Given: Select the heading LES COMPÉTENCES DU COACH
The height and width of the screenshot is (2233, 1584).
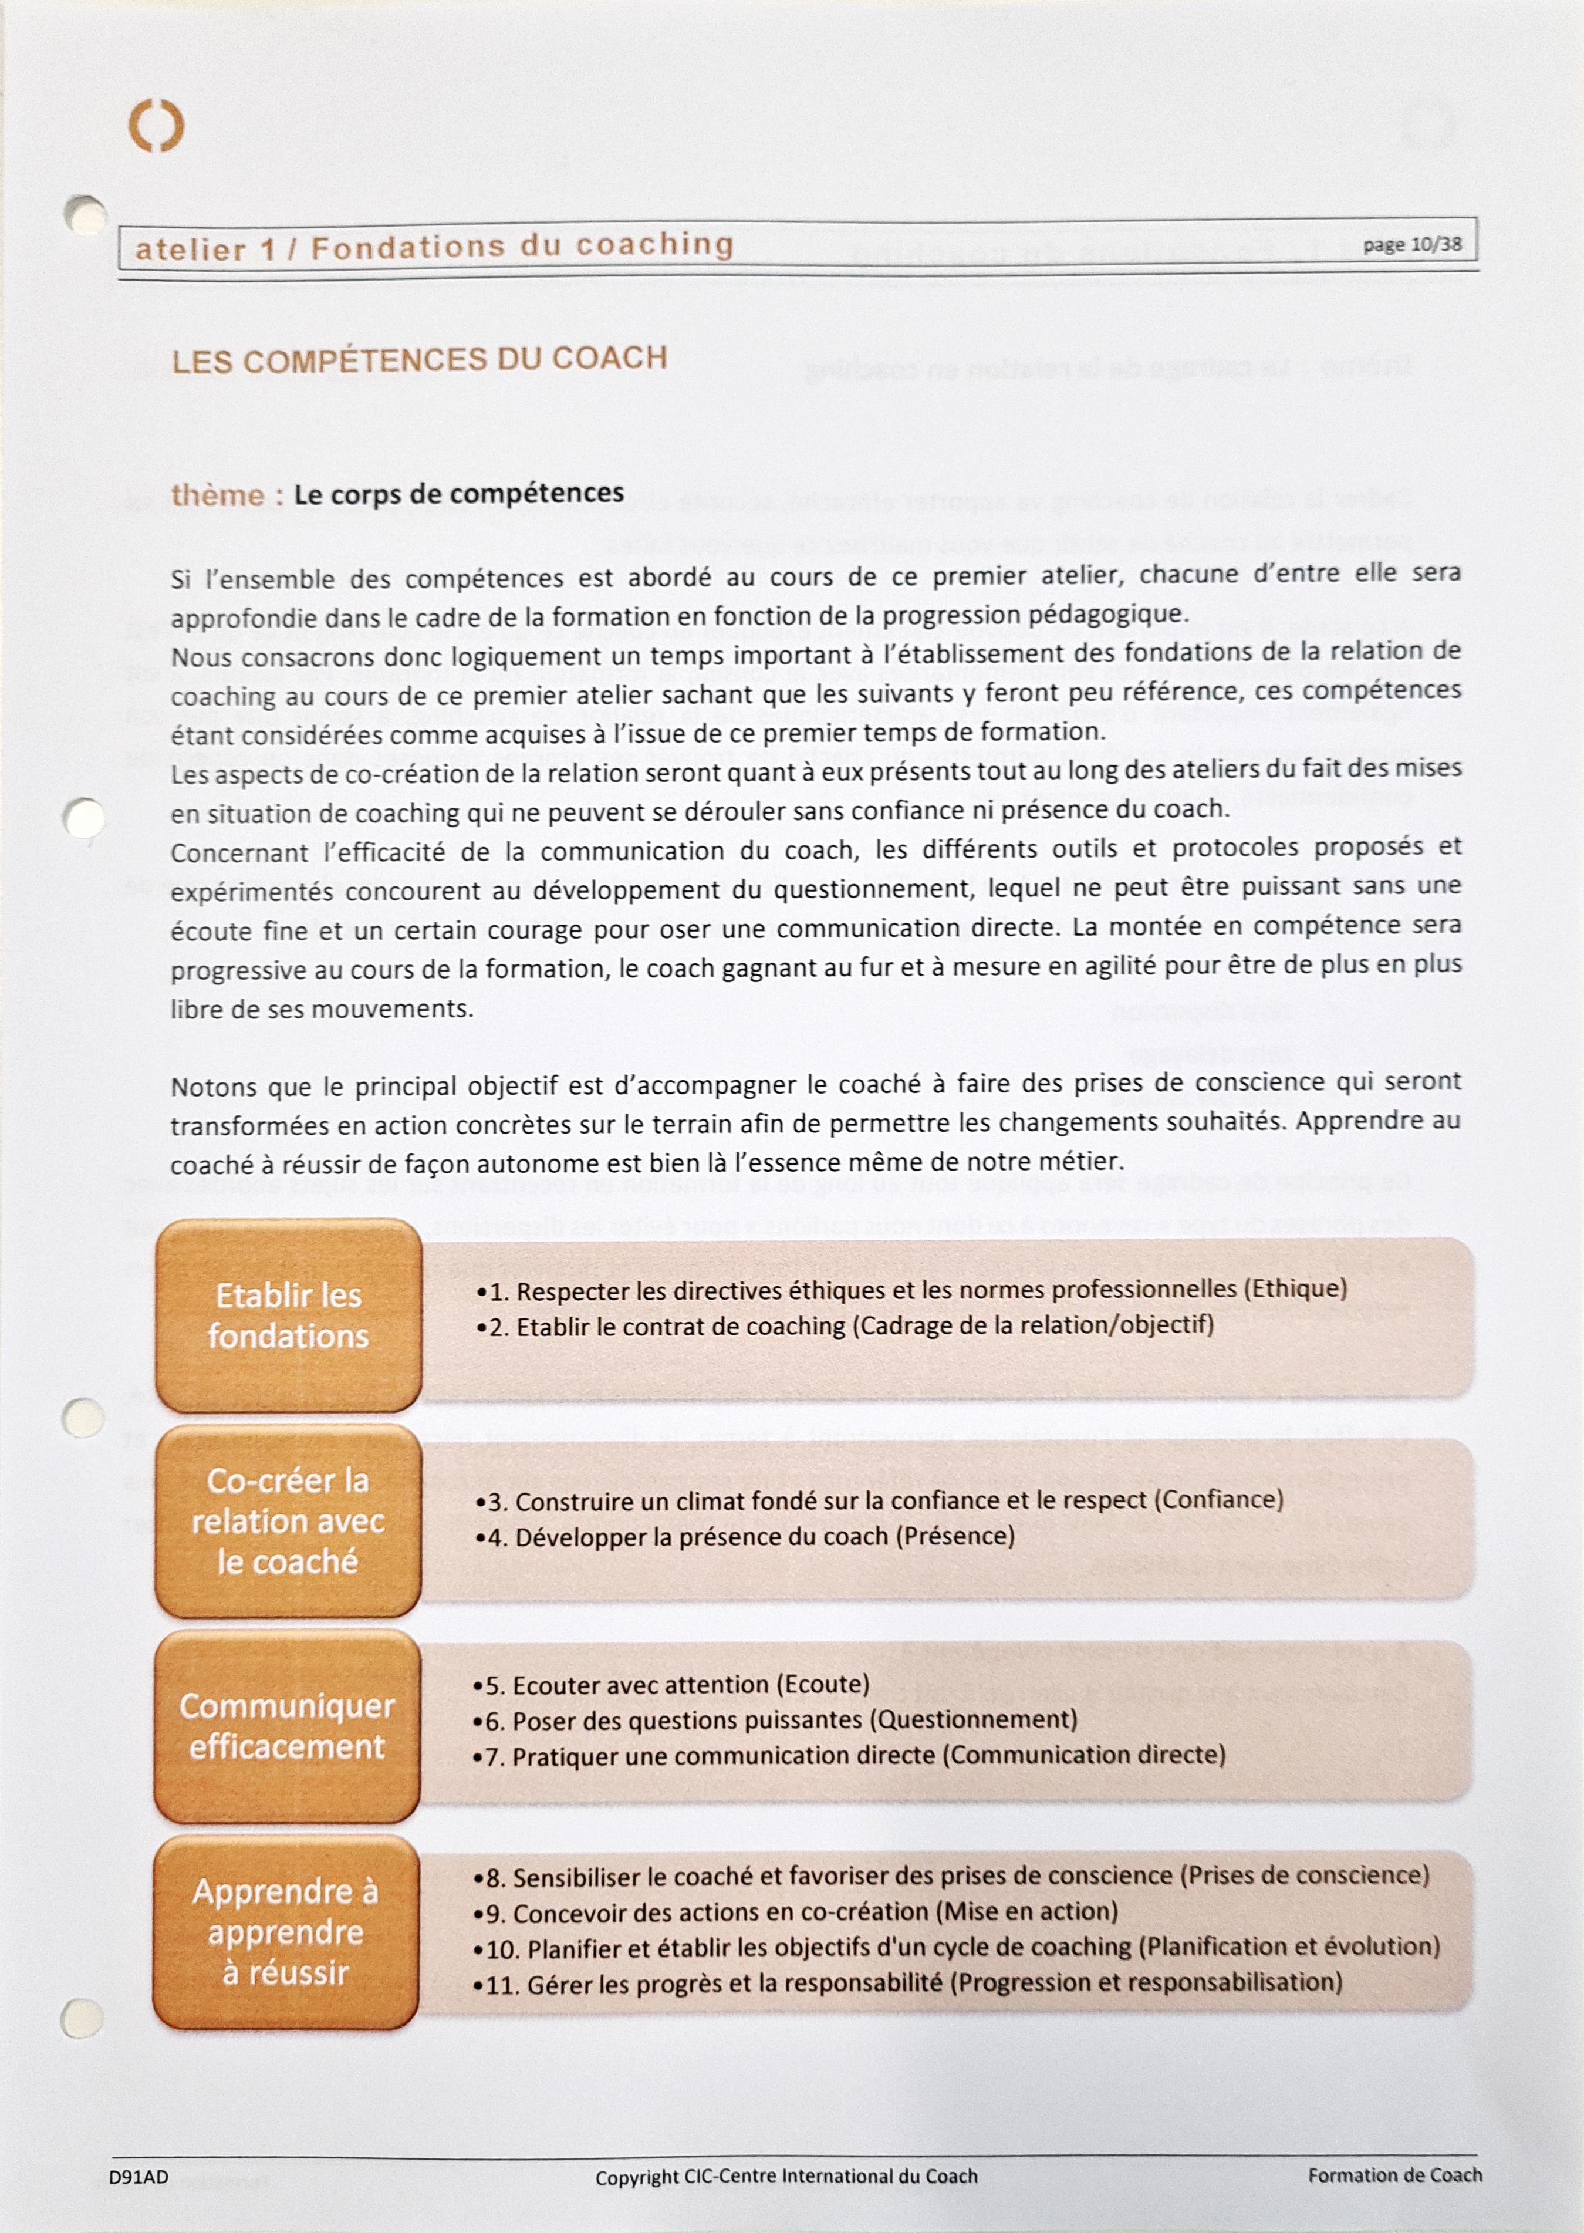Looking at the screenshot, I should [x=420, y=360].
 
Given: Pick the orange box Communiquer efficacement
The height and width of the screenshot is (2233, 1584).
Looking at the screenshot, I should [x=287, y=1726].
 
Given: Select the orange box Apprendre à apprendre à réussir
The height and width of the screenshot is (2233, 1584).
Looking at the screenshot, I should [x=286, y=1931].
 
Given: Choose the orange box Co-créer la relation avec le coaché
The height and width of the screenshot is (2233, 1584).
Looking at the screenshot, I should [x=288, y=1521].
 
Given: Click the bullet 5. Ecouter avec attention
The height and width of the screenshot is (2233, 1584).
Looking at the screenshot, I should [x=673, y=1685].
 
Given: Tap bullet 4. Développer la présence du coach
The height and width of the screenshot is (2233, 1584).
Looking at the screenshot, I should [x=747, y=1537].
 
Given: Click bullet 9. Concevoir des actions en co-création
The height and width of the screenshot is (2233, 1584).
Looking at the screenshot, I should [x=796, y=1911].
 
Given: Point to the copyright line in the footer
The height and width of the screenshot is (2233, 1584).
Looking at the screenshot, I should [x=786, y=2177].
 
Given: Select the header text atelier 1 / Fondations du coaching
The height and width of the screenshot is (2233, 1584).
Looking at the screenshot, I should [x=434, y=247].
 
